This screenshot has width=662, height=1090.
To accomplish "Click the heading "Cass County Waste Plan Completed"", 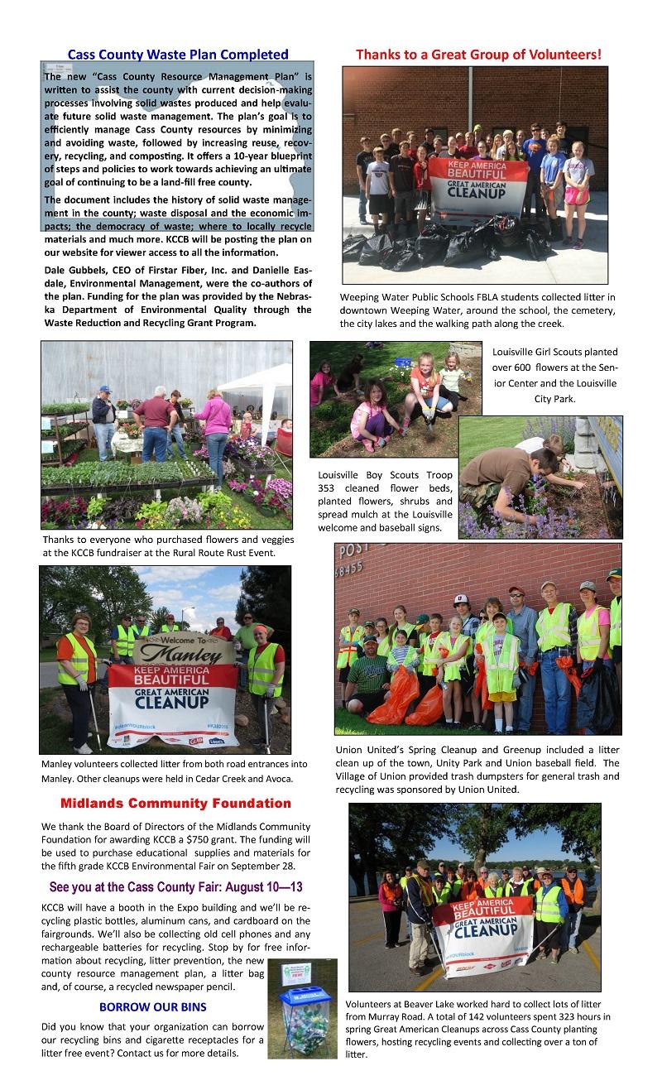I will tap(178, 55).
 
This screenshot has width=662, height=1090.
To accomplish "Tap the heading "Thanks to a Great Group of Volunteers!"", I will tap(478, 55).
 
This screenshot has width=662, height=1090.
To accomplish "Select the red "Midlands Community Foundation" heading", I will tap(175, 804).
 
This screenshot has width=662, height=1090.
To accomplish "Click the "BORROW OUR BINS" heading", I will tap(152, 1007).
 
